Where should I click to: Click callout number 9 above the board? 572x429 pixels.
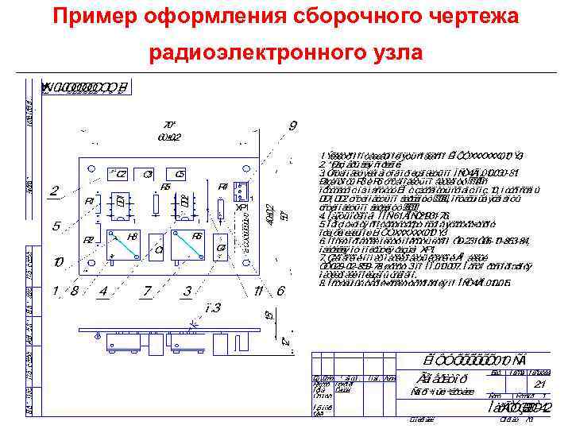point(293,126)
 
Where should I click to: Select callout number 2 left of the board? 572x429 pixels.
point(53,191)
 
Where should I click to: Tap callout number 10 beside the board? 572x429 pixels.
point(58,261)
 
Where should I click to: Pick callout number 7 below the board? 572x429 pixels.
point(146,291)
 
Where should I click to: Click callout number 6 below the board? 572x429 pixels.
point(280,291)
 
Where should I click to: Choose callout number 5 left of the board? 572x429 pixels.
point(56,226)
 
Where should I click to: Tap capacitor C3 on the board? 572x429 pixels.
point(148,175)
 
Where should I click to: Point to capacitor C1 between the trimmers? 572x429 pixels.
point(158,249)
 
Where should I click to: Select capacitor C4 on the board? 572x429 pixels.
point(222,248)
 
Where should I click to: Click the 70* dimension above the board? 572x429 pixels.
point(168,125)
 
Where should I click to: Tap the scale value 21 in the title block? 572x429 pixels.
point(540,385)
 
